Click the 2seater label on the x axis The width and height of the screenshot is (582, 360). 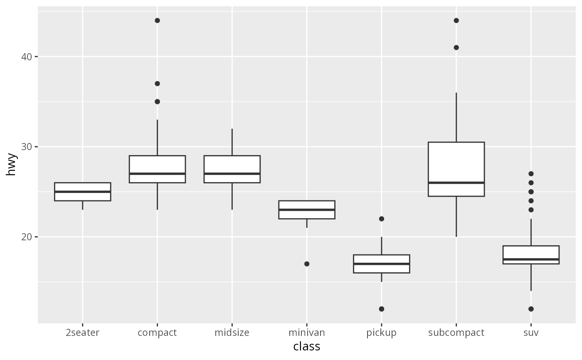[x=82, y=333]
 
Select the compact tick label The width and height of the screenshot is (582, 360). [x=157, y=333]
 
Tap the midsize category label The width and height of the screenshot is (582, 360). [x=232, y=333]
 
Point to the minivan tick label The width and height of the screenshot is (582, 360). [x=307, y=333]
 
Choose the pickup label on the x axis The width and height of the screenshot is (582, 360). [x=381, y=333]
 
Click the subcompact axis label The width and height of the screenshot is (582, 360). [x=456, y=333]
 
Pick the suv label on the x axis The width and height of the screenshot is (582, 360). [x=531, y=333]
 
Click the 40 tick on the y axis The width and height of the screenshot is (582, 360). [x=27, y=57]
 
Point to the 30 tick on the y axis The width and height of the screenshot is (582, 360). [x=27, y=147]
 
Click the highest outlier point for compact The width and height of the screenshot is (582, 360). [x=157, y=20]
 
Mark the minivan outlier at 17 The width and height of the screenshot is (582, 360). [x=307, y=264]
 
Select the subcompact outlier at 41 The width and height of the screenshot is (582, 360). [x=456, y=47]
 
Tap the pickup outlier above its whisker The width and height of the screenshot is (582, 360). [x=382, y=219]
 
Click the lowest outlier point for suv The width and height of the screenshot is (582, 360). [x=531, y=309]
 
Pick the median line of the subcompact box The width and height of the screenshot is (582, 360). [x=456, y=182]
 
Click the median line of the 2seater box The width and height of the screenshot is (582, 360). [x=82, y=192]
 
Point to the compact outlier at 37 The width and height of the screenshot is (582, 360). [x=157, y=84]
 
